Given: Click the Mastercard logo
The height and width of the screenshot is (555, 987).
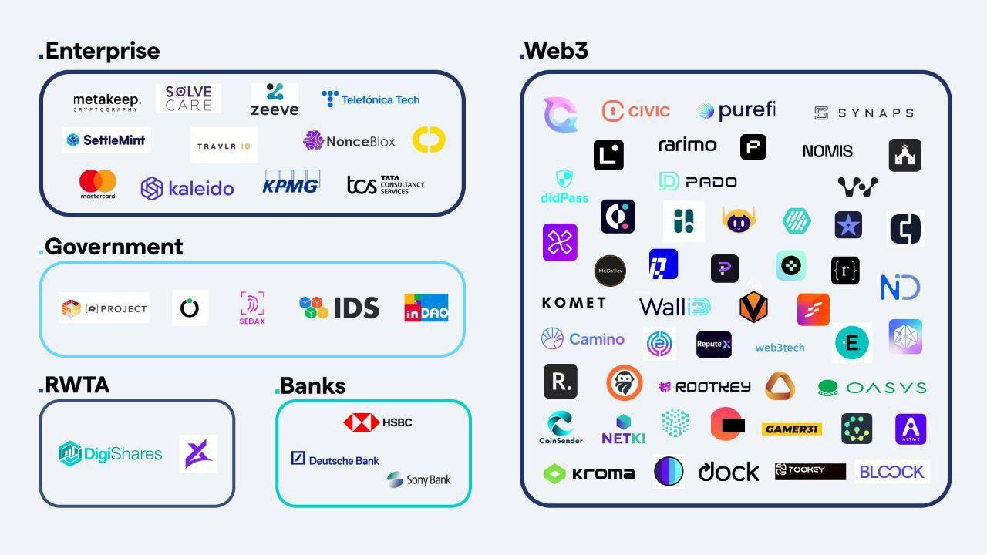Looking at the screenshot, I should pos(98,184).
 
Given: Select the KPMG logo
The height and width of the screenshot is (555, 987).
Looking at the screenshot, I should pos(291,183).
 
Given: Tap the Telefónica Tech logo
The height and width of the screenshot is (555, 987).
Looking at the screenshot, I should pos(371,99).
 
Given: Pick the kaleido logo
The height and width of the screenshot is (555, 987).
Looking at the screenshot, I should pos(187,188).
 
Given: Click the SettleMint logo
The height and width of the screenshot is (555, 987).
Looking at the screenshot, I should pos(106,140).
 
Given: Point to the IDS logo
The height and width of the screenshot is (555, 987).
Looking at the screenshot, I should pos(339,308).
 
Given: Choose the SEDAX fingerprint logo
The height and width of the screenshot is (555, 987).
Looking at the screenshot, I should pos(252,308).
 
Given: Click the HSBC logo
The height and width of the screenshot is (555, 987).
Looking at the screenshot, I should pos(378,422).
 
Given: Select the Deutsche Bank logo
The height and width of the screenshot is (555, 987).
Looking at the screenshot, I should pos(335,459).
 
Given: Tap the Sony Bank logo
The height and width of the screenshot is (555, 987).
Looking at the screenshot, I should pos(419,479).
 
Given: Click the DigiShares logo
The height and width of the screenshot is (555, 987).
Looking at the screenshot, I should pos(110,453).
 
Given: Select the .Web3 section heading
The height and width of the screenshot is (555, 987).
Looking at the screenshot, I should pos(554,51).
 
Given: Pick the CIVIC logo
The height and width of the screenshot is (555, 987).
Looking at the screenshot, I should pos(636,111).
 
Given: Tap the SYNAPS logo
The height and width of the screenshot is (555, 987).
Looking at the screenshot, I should pos(864,113).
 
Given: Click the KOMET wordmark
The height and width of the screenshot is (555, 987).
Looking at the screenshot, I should pos(574,303).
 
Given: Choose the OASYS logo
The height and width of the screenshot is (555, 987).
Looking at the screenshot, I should pos(872,388).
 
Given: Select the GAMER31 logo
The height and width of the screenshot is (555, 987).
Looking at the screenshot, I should pos(791,429).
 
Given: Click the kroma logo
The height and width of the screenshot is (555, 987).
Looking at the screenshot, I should pos(589,473).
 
